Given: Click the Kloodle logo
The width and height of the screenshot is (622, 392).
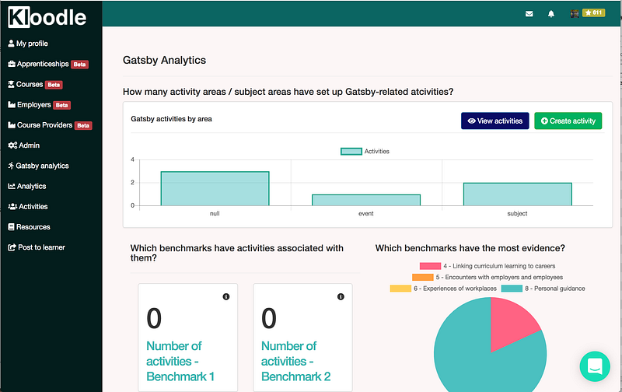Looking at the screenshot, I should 48,17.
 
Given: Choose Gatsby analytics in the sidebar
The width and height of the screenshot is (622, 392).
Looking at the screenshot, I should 42,166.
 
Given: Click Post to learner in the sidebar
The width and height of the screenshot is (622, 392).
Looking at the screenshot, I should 40,247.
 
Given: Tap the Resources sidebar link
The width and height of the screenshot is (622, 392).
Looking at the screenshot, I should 33,227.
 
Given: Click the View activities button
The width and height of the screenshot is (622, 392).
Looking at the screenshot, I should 494,121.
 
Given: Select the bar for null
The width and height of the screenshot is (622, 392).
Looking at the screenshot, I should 215,189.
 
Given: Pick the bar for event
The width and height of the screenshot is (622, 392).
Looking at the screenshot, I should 366,200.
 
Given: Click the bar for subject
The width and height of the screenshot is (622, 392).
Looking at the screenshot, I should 517,194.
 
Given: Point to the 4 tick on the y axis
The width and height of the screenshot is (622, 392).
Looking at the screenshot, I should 132,160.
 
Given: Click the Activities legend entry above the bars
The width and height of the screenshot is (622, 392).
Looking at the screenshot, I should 365,151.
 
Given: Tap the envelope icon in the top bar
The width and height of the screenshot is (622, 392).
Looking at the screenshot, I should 529,13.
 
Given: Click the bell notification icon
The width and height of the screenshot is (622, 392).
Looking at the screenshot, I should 551,13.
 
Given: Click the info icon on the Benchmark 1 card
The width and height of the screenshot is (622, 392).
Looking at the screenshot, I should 226,297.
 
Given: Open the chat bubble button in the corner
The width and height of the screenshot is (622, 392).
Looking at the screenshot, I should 595,366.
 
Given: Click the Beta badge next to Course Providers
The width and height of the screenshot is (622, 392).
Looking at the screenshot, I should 83,125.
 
